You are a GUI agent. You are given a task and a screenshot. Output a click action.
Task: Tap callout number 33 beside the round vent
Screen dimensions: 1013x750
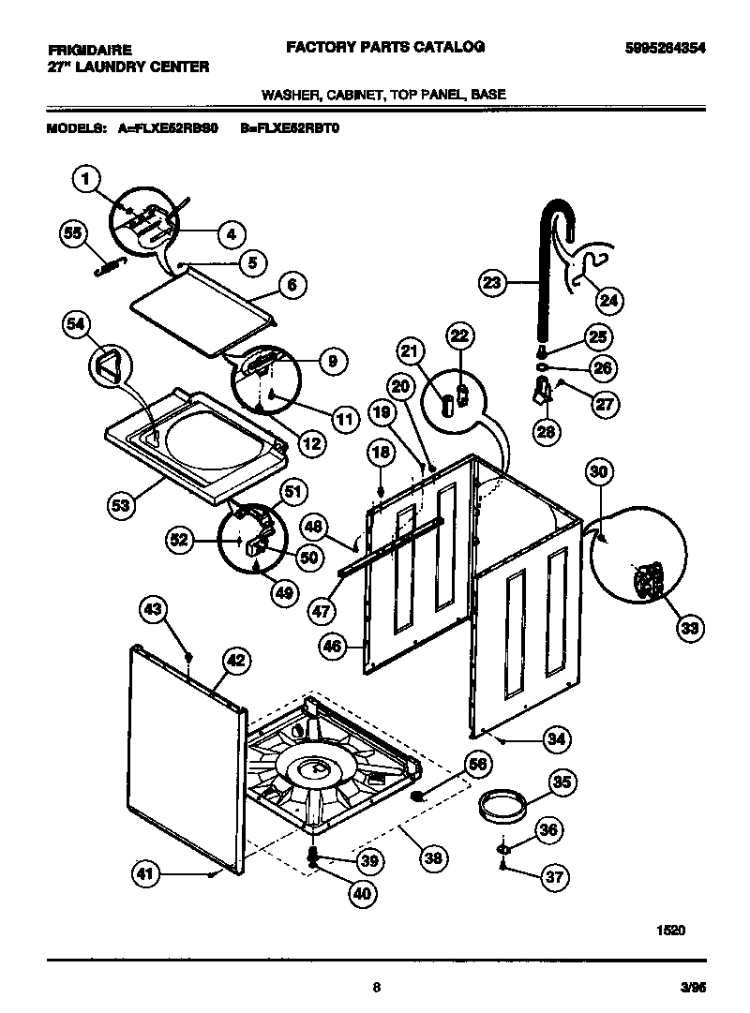(690, 628)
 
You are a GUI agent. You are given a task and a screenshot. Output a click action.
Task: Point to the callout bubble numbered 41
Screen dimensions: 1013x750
(144, 874)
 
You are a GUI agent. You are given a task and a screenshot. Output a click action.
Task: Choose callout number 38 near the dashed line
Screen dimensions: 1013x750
(433, 857)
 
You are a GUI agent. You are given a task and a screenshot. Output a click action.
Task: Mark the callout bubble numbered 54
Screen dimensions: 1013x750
(77, 324)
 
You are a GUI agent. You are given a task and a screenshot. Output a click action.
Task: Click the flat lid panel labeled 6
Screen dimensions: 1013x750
(202, 309)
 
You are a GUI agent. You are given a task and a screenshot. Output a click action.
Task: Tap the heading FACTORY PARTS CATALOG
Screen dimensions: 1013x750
(384, 46)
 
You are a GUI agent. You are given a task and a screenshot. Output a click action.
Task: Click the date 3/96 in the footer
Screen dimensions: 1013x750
(693, 986)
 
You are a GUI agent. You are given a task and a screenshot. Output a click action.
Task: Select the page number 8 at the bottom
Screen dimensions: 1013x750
(376, 986)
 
